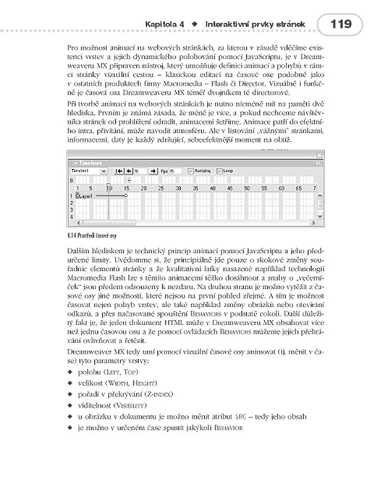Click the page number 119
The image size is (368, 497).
[x=341, y=24]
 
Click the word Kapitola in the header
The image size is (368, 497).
[x=162, y=24]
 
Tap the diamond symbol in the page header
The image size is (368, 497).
[x=195, y=25]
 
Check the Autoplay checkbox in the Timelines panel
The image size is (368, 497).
[x=191, y=171]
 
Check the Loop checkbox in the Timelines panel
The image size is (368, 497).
[x=220, y=171]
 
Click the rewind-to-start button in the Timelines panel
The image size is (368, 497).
[x=119, y=171]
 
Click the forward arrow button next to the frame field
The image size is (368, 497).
[x=154, y=171]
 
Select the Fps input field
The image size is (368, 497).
[x=175, y=171]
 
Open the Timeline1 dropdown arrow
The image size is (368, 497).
[x=104, y=171]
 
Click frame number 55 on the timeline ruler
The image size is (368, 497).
[x=264, y=188]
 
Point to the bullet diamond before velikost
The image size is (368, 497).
[x=70, y=383]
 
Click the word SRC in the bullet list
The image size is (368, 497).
[x=240, y=416]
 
